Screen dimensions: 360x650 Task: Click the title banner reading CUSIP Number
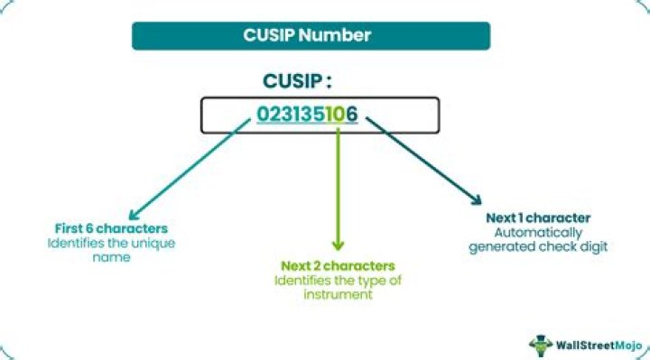[311, 36]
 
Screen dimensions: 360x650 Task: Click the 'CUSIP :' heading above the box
[297, 81]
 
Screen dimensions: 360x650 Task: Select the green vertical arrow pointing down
[339, 189]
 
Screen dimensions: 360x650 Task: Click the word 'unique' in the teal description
[153, 244]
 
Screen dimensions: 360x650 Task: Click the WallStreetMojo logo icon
[541, 343]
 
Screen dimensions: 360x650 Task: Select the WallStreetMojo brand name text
[595, 344]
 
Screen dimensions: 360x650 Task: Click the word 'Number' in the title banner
[340, 36]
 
